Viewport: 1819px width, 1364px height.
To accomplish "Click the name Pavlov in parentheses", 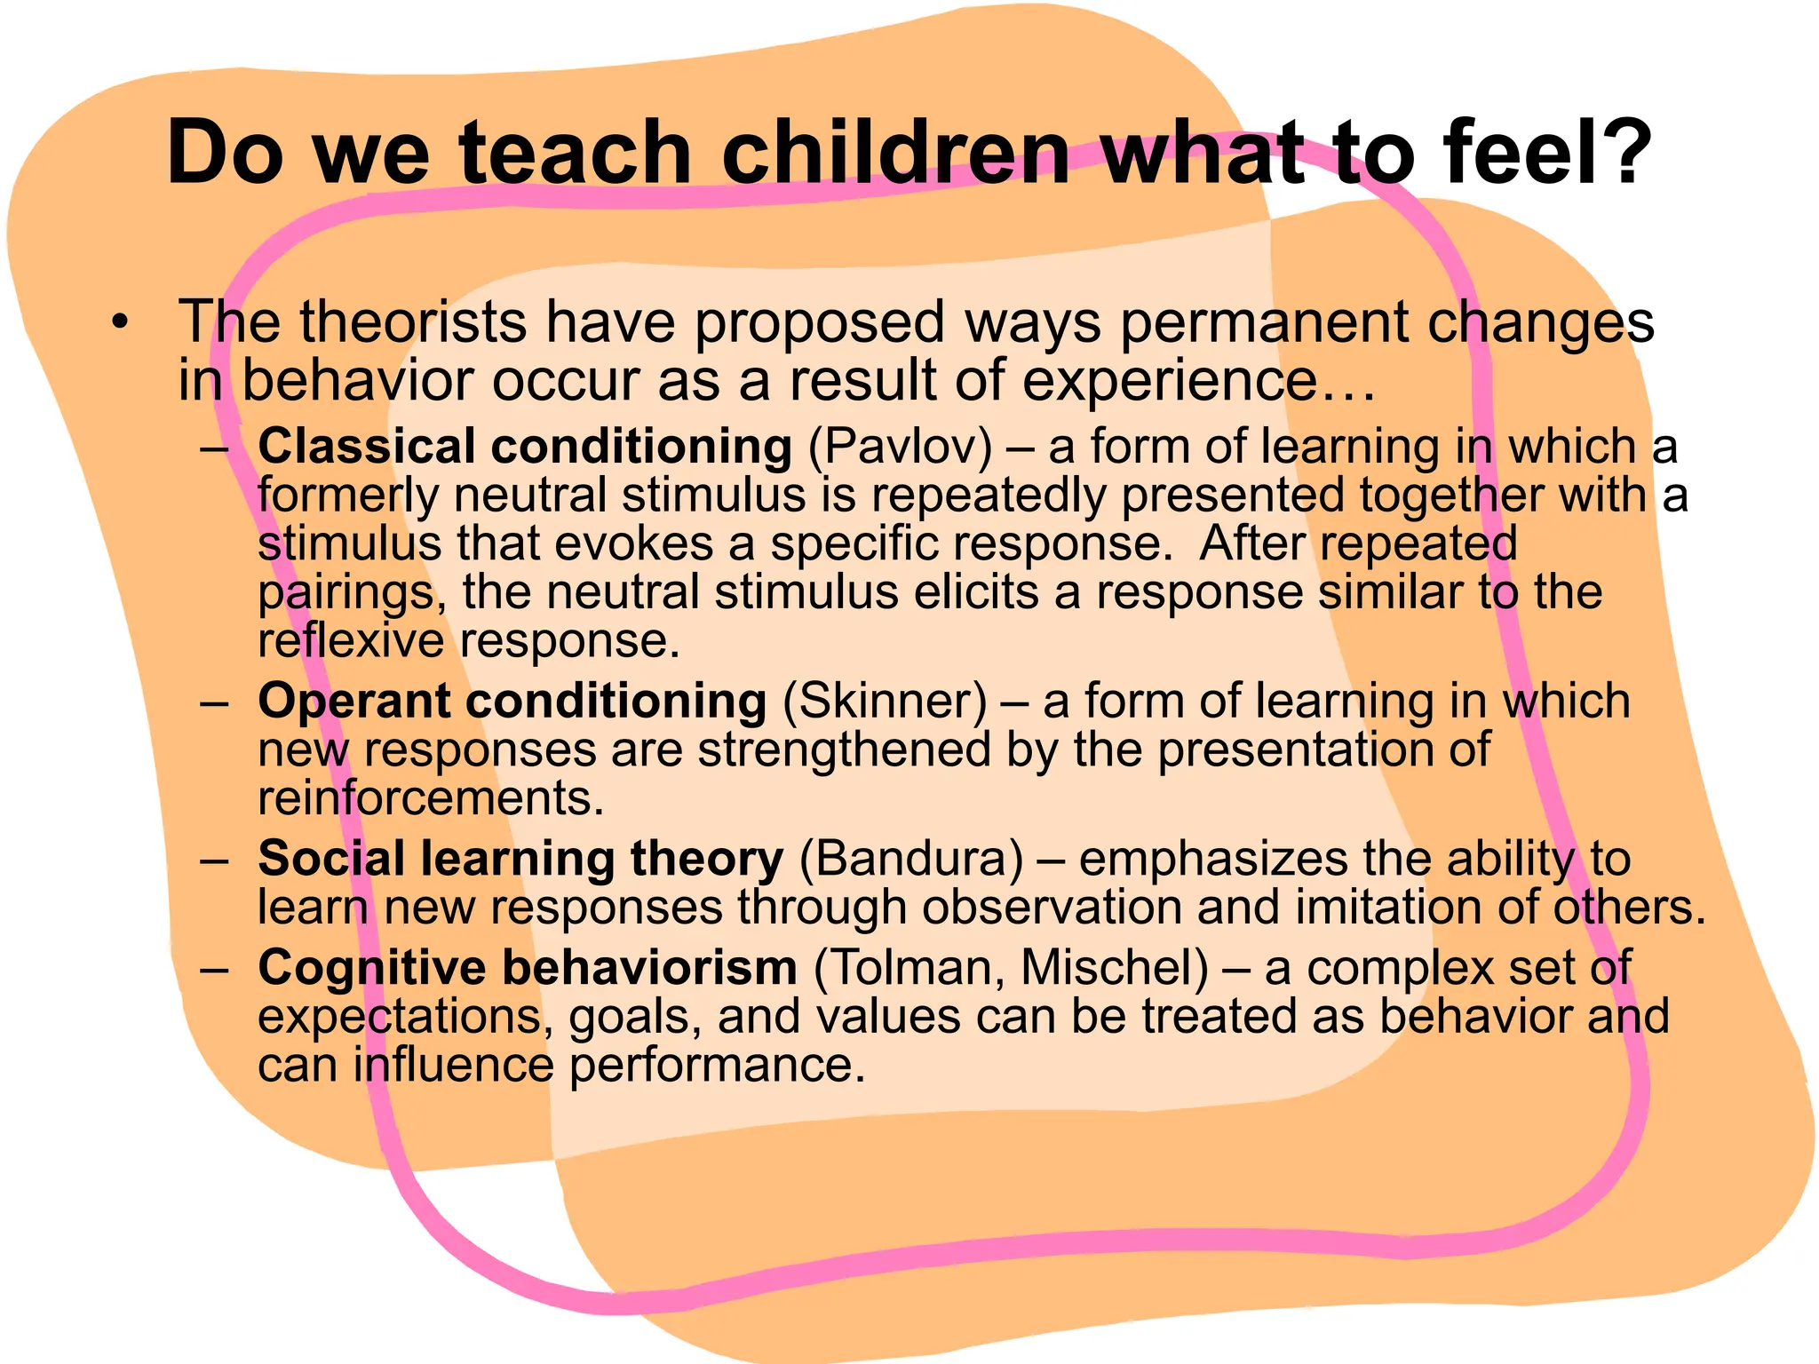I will click(901, 447).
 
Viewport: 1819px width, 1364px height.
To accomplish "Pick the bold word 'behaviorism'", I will click(650, 968).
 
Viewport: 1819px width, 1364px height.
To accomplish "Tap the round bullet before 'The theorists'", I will click(121, 322).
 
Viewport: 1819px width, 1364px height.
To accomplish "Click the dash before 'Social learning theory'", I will click(215, 860).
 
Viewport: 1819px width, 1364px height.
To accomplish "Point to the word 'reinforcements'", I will click(431, 798).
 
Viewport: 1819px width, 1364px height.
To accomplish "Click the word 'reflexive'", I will click(350, 641).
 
